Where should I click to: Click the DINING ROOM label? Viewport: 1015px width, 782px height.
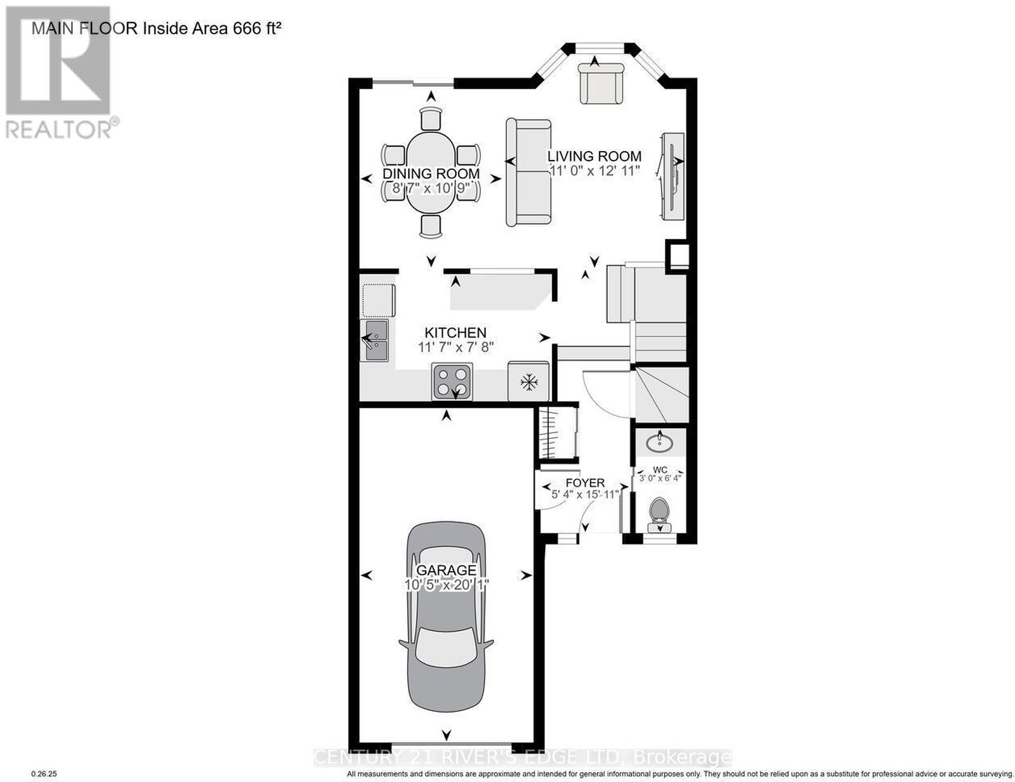coord(431,174)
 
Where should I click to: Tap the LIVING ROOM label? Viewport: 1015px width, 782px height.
coord(594,156)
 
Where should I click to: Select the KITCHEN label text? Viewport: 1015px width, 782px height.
coord(455,332)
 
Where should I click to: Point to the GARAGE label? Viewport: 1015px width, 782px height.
coord(446,570)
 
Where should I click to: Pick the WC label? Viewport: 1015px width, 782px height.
coord(660,469)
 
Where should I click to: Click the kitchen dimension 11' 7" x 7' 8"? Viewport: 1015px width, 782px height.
coord(455,348)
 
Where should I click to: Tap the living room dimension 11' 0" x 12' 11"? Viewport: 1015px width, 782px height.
coord(594,171)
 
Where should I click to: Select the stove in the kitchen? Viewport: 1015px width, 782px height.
coord(452,381)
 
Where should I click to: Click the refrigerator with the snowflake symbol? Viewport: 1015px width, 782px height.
coord(528,381)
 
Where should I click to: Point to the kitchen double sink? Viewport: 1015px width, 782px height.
coord(376,341)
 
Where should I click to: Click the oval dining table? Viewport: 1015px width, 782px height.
coord(430,173)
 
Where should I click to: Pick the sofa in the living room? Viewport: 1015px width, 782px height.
coord(529,173)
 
